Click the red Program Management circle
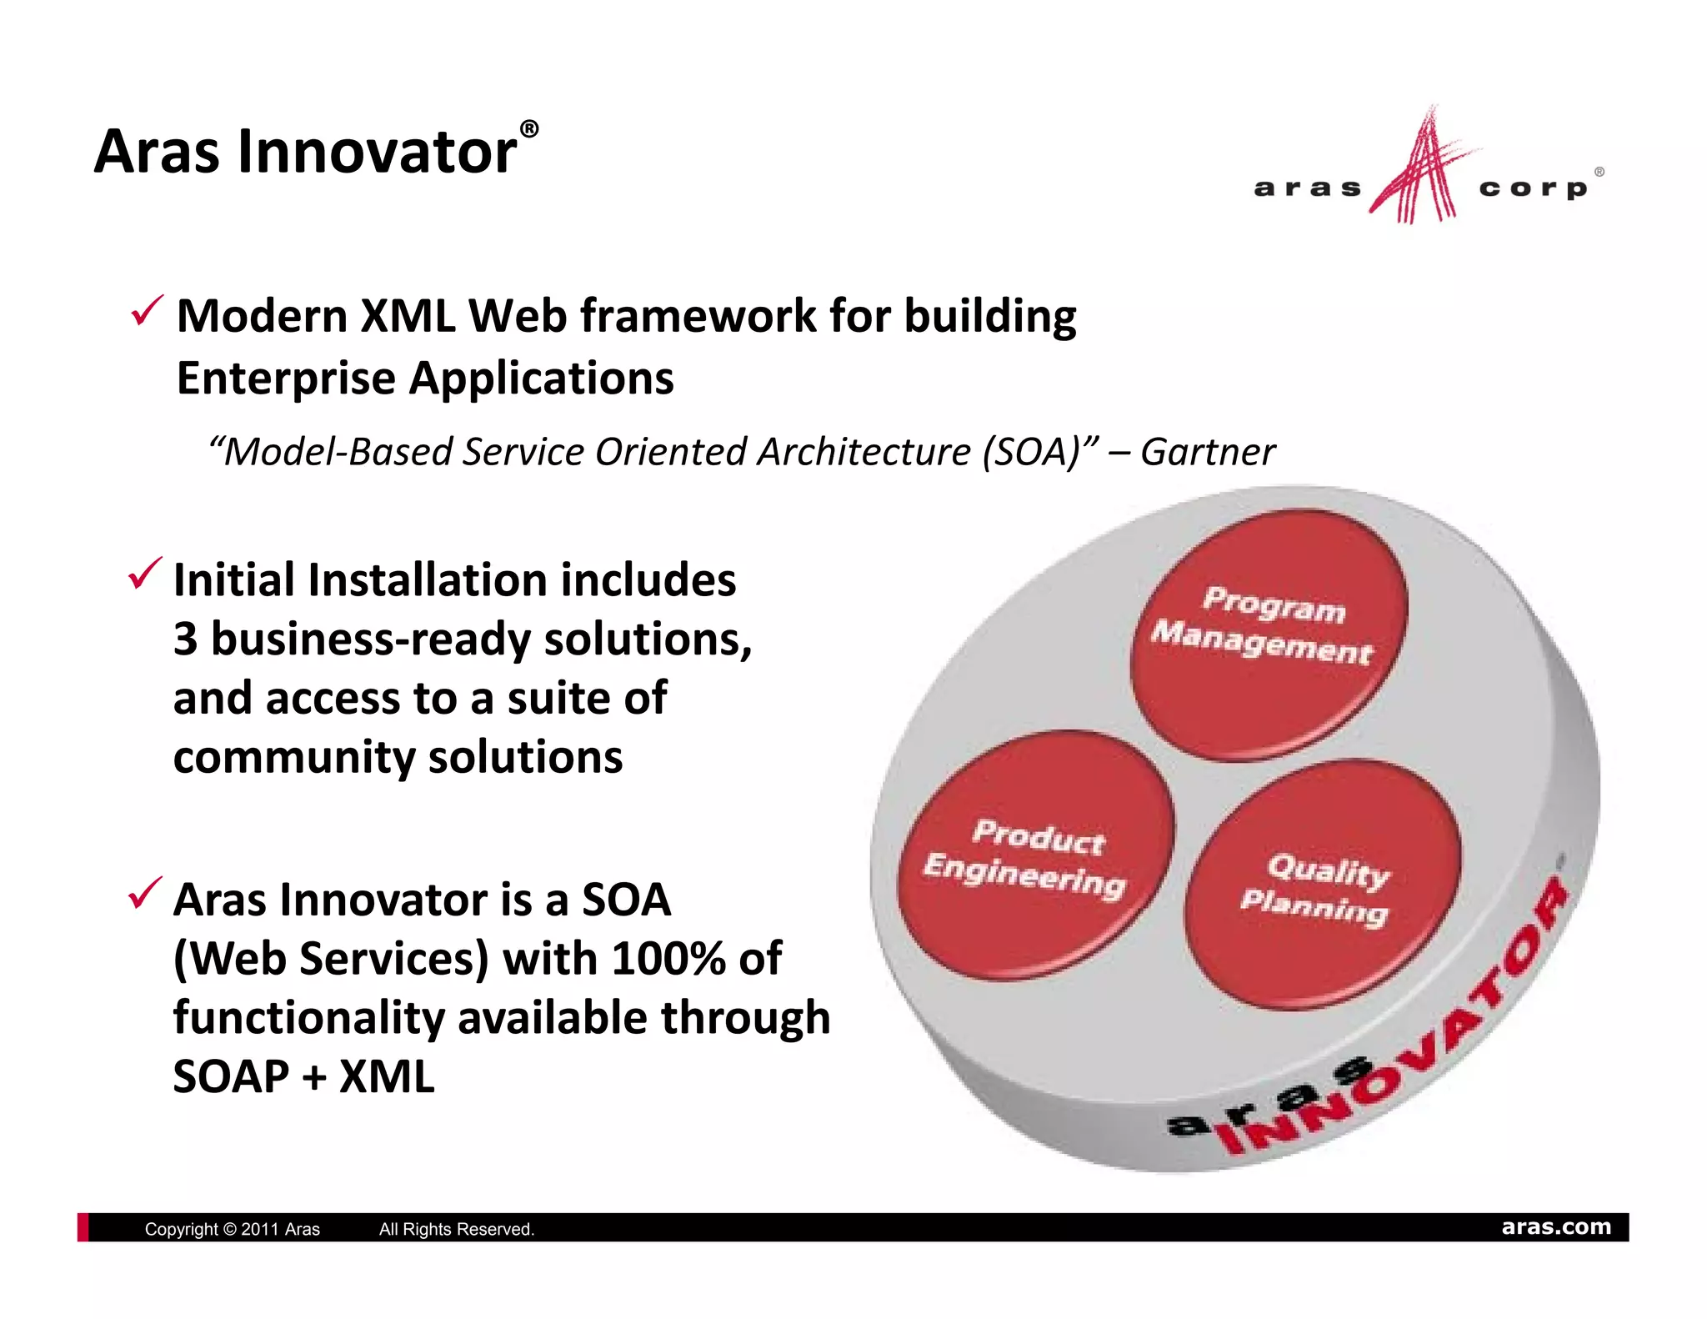point(1269,634)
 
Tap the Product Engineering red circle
point(1035,855)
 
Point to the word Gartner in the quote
point(1207,453)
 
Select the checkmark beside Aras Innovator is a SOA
point(144,894)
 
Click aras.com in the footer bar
point(1555,1226)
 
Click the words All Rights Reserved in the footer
point(456,1229)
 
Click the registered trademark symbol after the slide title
point(528,129)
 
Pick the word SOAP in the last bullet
point(231,1076)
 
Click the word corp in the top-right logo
point(1533,188)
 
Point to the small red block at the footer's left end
point(83,1227)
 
